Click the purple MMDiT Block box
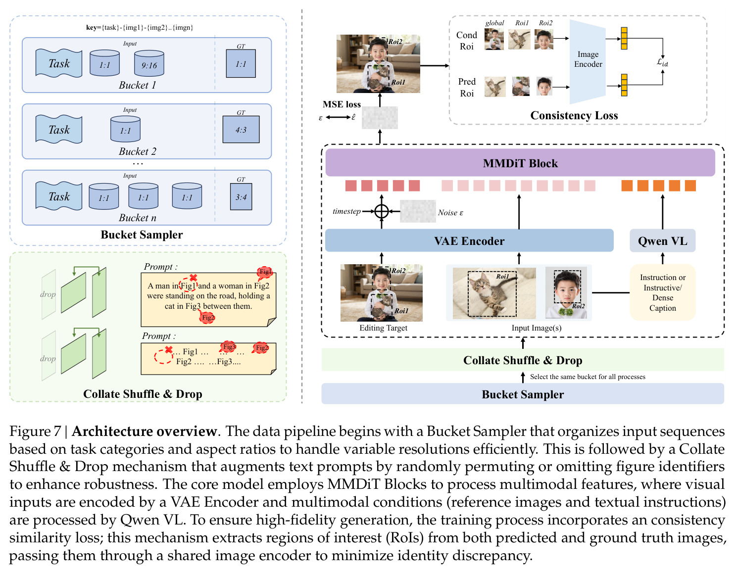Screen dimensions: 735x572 (x=520, y=163)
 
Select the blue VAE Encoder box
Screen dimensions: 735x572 (x=469, y=240)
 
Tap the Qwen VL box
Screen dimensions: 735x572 (x=662, y=240)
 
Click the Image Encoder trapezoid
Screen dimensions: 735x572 (x=587, y=62)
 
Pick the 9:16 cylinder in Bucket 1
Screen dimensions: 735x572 (x=149, y=63)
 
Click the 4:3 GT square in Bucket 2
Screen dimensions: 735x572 (x=241, y=130)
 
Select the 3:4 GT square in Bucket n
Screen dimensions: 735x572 (x=241, y=197)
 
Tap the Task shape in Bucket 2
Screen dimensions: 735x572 (x=59, y=129)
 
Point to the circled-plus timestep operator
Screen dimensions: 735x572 (x=381, y=211)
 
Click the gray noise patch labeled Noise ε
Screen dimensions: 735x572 (x=417, y=211)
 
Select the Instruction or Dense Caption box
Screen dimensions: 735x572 (x=662, y=292)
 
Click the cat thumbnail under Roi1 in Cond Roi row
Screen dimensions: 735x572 (x=519, y=39)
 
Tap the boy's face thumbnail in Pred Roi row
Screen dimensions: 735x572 (x=544, y=86)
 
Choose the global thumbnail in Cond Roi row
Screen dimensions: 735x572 (x=494, y=39)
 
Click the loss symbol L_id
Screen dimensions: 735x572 (x=662, y=62)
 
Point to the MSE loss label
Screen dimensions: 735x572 (x=342, y=104)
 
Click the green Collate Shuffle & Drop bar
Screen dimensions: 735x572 (x=522, y=360)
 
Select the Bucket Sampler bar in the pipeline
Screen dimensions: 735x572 (x=522, y=394)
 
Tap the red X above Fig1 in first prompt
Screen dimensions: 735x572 (x=193, y=278)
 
